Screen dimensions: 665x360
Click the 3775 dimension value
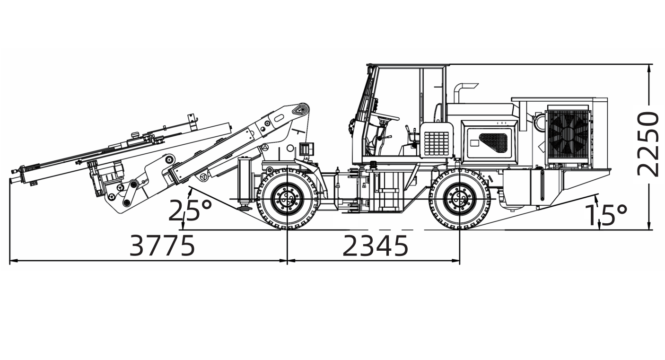pyautogui.click(x=162, y=246)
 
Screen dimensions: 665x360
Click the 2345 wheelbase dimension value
pyautogui.click(x=375, y=246)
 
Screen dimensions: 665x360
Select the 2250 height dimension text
pyautogui.click(x=648, y=144)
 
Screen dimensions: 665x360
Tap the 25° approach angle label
pyautogui.click(x=190, y=211)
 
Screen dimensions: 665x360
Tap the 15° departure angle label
pyautogui.click(x=605, y=215)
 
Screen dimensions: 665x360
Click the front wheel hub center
pyautogui.click(x=288, y=199)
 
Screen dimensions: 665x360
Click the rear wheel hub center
pyautogui.click(x=460, y=199)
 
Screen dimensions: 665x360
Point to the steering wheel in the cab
pyautogui.click(x=385, y=116)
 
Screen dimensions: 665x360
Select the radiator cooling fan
pyautogui.click(x=568, y=134)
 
